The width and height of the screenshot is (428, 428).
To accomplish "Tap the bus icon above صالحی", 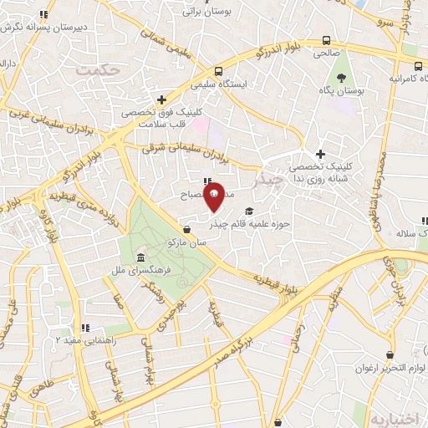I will coord(325,40).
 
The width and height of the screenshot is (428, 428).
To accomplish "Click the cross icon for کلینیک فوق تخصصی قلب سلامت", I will coord(160,99).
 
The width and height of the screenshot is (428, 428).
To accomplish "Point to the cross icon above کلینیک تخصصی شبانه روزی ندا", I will coord(321,154).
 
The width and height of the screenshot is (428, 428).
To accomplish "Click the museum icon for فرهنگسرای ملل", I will coord(139,257).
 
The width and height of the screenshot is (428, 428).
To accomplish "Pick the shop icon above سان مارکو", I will coord(186,228).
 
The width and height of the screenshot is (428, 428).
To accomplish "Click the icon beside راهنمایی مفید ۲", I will coord(84,328).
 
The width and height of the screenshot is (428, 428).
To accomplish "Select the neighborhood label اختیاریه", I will coord(391,416).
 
